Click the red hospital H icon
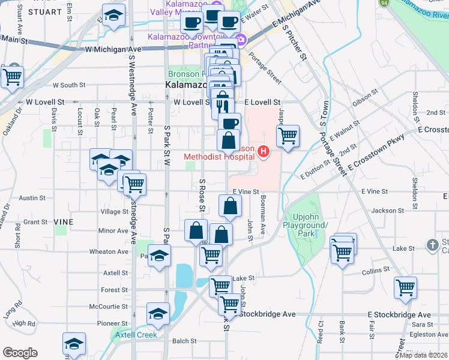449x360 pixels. pyautogui.click(x=262, y=150)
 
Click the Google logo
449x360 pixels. pyautogui.click(x=20, y=353)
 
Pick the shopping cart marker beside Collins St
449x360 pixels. pyautogui.click(x=405, y=288)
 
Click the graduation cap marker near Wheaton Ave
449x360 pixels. pyautogui.click(x=159, y=257)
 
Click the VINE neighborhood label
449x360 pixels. pyautogui.click(x=63, y=221)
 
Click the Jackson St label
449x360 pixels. pyautogui.click(x=388, y=211)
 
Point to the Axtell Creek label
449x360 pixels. pyautogui.click(x=136, y=335)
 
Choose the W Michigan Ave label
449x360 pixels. pyautogui.click(x=113, y=49)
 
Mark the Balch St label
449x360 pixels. pyautogui.click(x=181, y=341)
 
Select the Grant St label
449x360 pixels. pyautogui.click(x=35, y=221)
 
